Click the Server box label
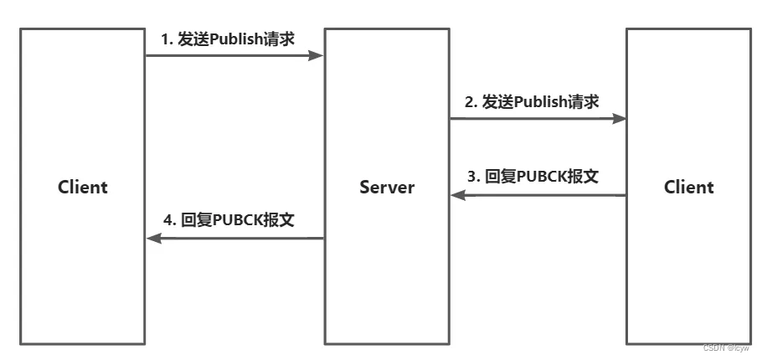point(387,187)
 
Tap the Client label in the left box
point(83,187)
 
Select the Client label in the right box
point(689,187)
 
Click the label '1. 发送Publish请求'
point(228,39)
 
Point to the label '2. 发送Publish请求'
point(532,102)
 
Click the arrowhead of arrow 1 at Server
point(317,55)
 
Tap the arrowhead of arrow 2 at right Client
point(620,119)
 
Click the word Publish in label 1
point(235,39)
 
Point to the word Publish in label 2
point(539,102)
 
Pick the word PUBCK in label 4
point(239,220)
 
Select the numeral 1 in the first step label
point(165,39)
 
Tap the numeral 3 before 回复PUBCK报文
point(471,177)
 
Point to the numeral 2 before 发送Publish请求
point(470,102)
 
